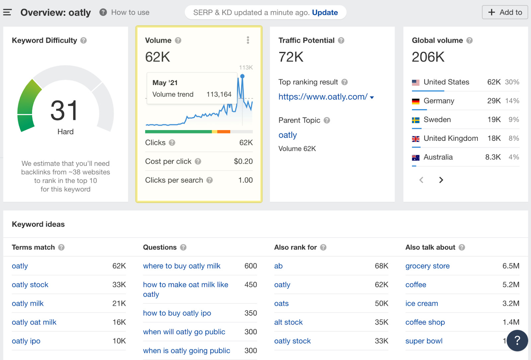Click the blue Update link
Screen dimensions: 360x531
pyautogui.click(x=325, y=13)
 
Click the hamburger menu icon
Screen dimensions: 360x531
pyautogui.click(x=7, y=13)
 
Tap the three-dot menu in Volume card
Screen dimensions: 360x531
pyautogui.click(x=248, y=40)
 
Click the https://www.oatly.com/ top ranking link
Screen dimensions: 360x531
pyautogui.click(x=323, y=97)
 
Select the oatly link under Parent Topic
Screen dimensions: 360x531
pyautogui.click(x=287, y=135)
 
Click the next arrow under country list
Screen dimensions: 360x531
pyautogui.click(x=441, y=180)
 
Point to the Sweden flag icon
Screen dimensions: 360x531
pyautogui.click(x=416, y=120)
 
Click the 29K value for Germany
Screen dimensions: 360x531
pyautogui.click(x=493, y=101)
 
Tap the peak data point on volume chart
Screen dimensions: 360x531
pyautogui.click(x=242, y=76)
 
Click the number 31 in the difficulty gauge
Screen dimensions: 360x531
pyautogui.click(x=64, y=111)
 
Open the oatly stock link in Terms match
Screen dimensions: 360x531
pyautogui.click(x=30, y=285)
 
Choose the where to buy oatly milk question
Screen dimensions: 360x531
pyautogui.click(x=182, y=266)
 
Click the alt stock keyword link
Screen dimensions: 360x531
pyautogui.click(x=288, y=322)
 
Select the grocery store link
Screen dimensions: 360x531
pyautogui.click(x=427, y=266)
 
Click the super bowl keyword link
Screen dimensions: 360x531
pyautogui.click(x=424, y=341)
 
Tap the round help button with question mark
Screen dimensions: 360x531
pyautogui.click(x=517, y=340)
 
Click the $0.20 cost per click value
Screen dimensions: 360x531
pyautogui.click(x=243, y=162)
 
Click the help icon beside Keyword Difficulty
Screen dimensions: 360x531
pyautogui.click(x=84, y=40)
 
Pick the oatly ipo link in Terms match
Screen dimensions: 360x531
pyautogui.click(x=26, y=341)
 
